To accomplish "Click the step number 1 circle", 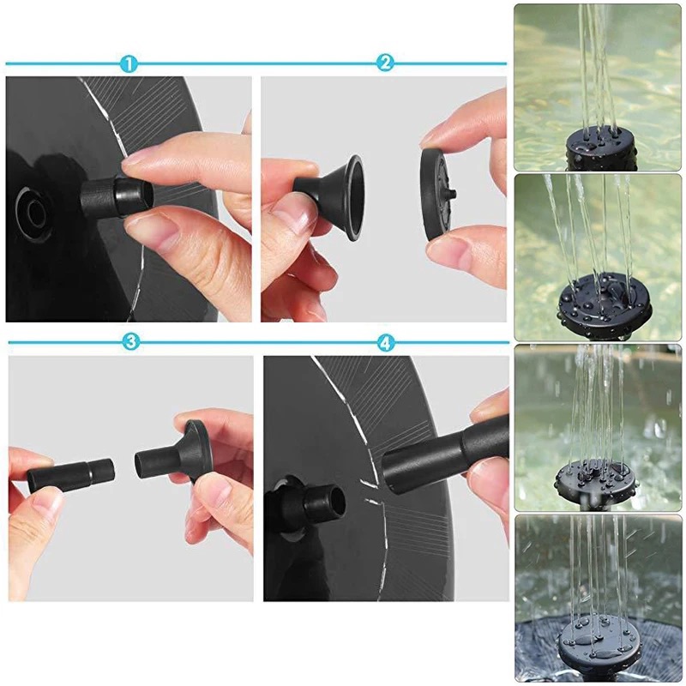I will [x=129, y=63].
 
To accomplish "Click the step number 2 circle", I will [x=386, y=63].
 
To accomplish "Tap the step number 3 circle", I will [x=130, y=342].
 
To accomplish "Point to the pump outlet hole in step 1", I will [x=33, y=205].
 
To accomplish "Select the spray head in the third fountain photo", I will [x=596, y=477].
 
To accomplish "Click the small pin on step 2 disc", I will [x=452, y=190].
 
